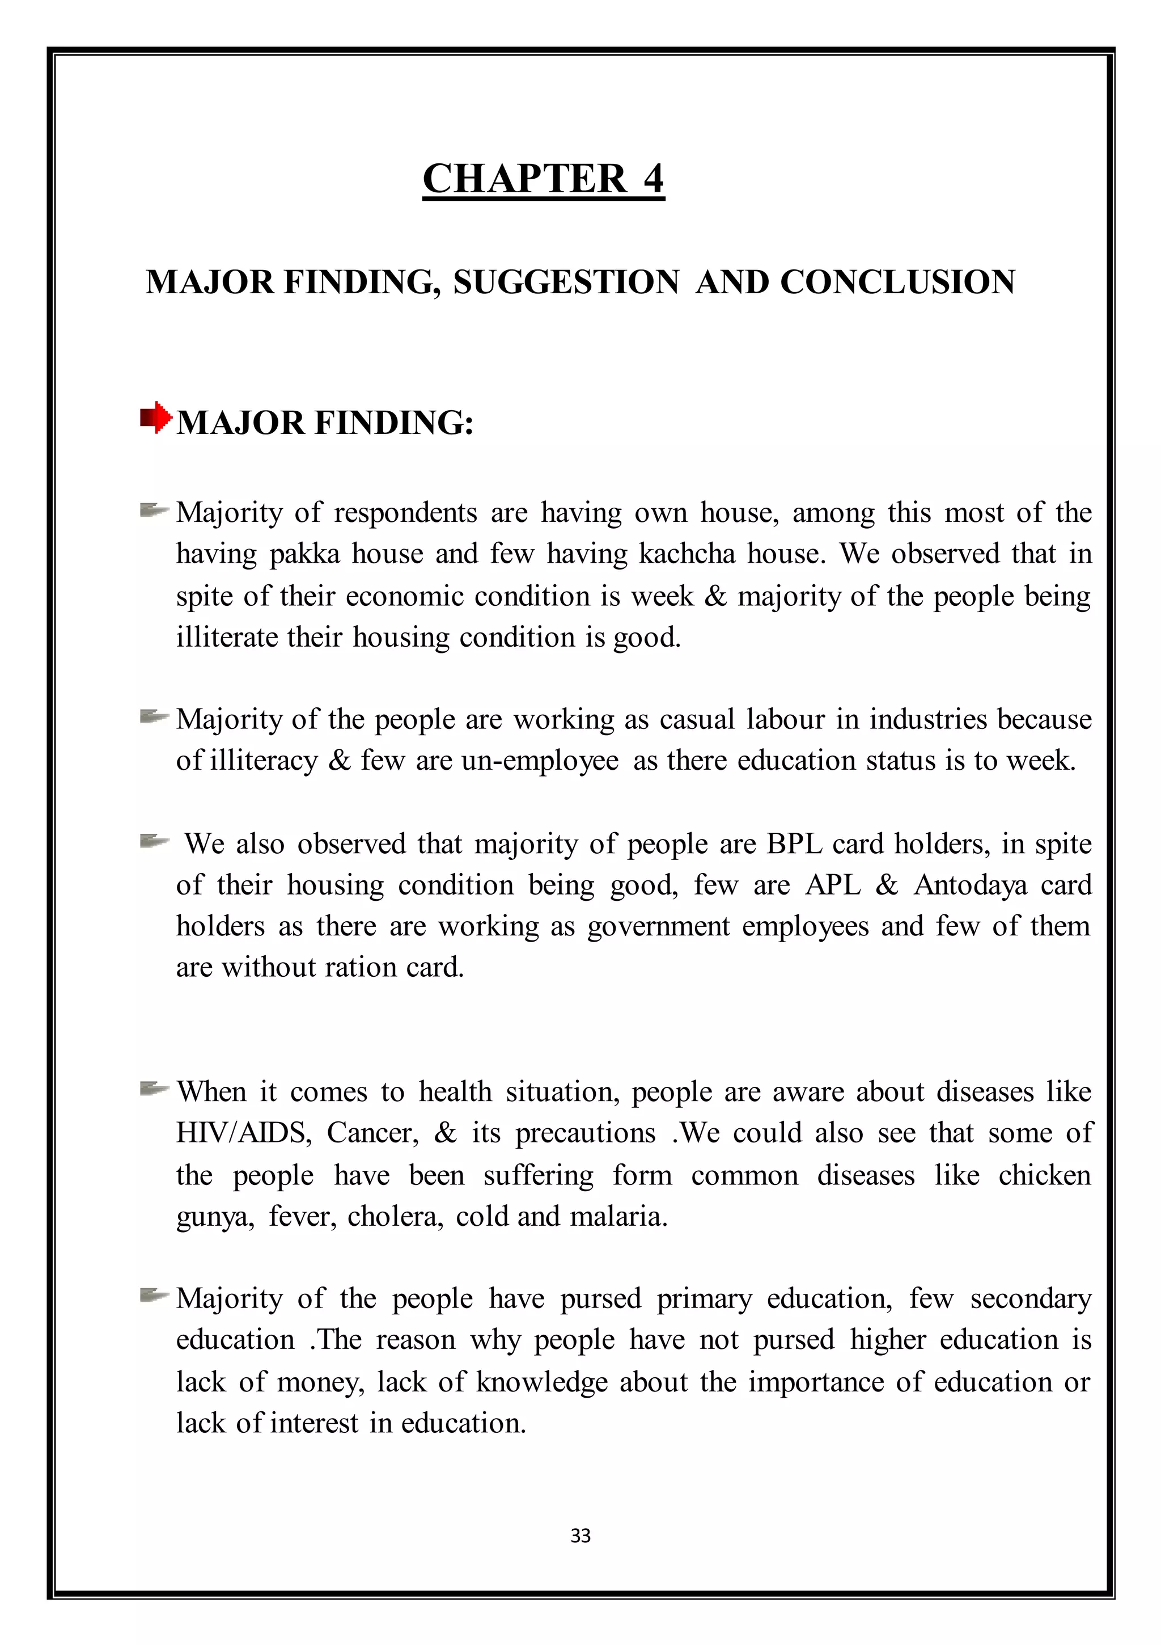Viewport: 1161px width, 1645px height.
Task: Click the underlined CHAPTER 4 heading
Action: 543,179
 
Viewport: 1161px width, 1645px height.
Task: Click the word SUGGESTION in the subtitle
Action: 566,282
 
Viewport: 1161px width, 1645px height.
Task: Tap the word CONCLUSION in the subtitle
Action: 897,282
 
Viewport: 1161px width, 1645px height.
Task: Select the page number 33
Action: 580,1536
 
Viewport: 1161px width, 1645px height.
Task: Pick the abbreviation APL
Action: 833,885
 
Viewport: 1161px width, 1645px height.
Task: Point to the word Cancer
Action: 372,1133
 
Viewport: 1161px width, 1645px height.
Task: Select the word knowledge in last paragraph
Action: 541,1382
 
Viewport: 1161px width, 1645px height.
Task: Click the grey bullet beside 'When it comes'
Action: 153,1090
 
